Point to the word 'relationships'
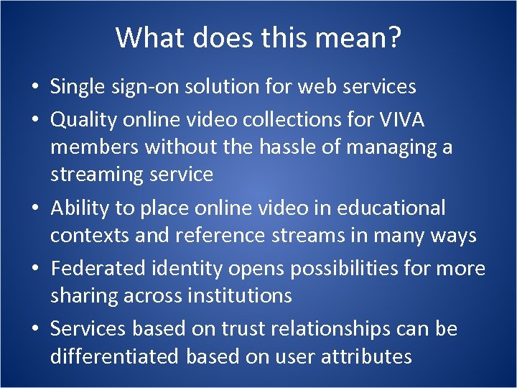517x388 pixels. pyautogui.click(x=340, y=328)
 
